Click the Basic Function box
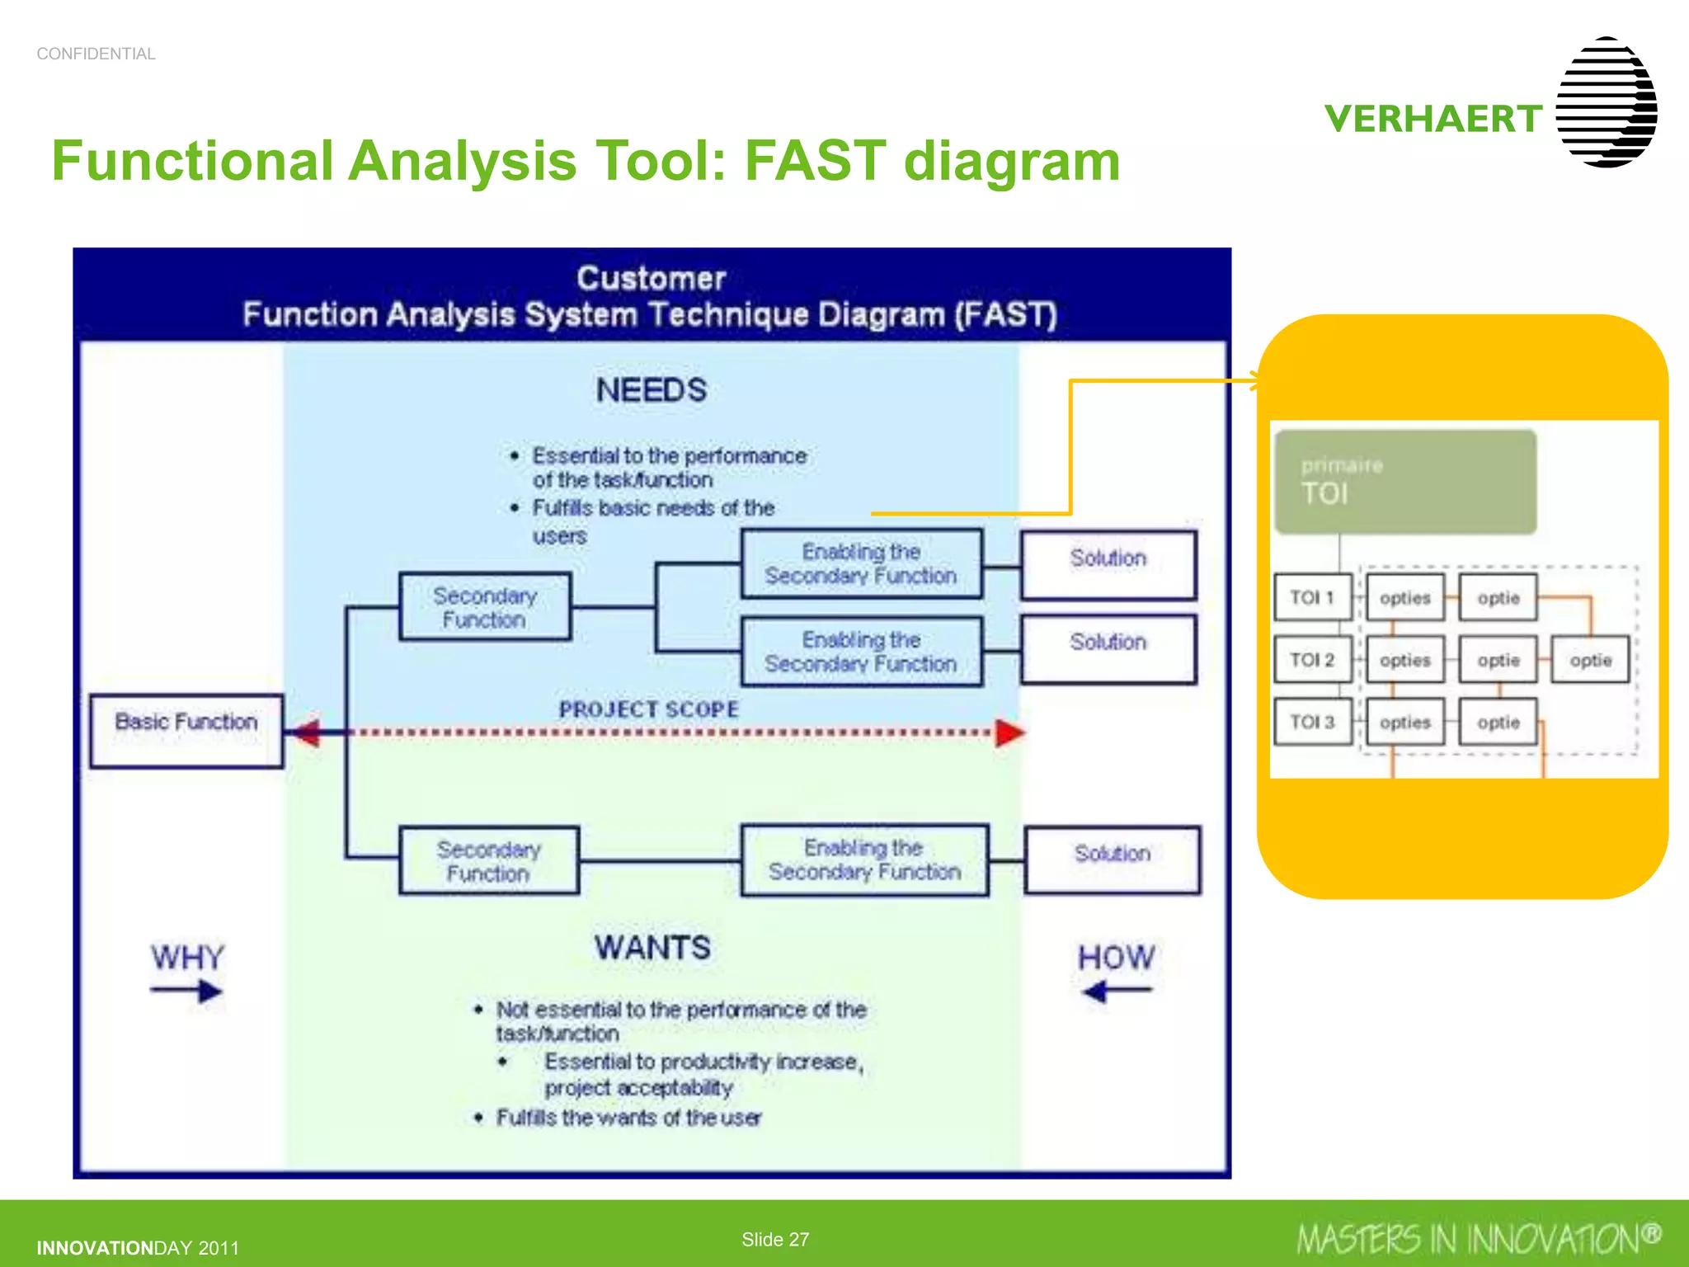(x=186, y=731)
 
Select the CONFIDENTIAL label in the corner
(x=96, y=54)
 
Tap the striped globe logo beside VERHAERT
(x=1606, y=102)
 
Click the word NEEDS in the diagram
(x=651, y=390)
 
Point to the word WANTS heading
(x=652, y=948)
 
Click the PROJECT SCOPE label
(x=648, y=709)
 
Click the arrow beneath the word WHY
(x=187, y=991)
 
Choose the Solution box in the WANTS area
(x=1112, y=860)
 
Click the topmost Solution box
(x=1108, y=564)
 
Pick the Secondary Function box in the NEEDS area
(x=485, y=607)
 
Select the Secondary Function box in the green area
(x=488, y=860)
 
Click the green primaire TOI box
(x=1404, y=482)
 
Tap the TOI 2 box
(x=1312, y=660)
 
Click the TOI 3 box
(x=1312, y=722)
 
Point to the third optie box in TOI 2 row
(x=1590, y=660)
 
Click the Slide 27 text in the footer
(x=774, y=1239)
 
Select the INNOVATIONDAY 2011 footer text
(x=138, y=1248)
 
